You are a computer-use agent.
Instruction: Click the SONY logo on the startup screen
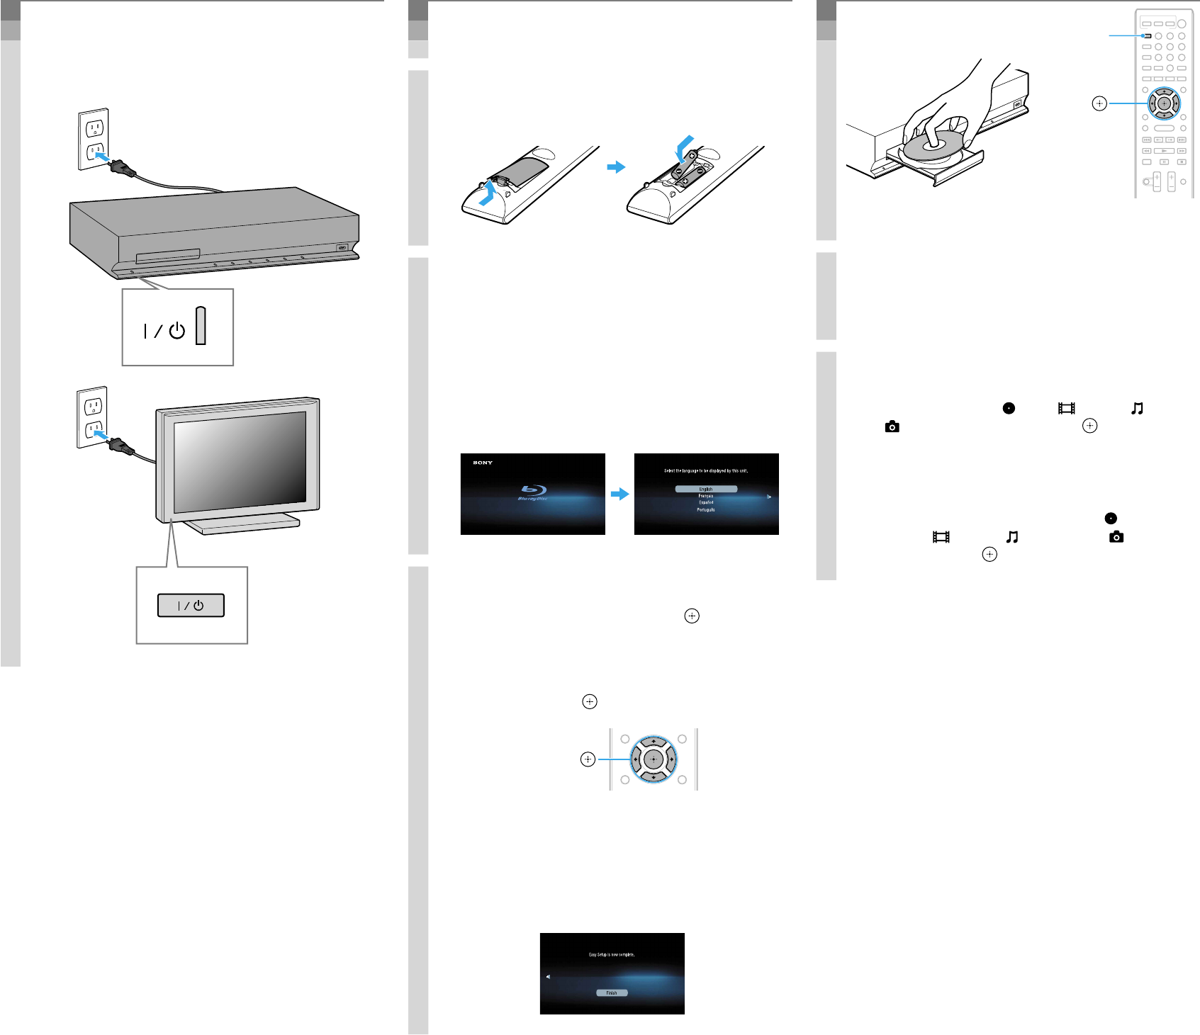(x=483, y=463)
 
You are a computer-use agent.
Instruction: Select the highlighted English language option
(x=706, y=489)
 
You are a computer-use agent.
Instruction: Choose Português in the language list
(x=706, y=509)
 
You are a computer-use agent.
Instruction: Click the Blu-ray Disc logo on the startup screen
(x=533, y=492)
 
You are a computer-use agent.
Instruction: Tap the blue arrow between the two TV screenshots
(x=620, y=494)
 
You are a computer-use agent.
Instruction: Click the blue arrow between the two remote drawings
(x=617, y=167)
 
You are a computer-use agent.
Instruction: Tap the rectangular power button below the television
(x=191, y=606)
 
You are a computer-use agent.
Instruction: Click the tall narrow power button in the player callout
(x=201, y=326)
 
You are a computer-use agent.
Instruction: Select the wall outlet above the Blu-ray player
(x=94, y=139)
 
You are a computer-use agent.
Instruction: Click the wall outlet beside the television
(x=92, y=417)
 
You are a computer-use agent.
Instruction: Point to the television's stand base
(x=241, y=525)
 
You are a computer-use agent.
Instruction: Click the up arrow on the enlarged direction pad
(x=654, y=742)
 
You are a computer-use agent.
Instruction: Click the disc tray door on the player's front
(x=167, y=255)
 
